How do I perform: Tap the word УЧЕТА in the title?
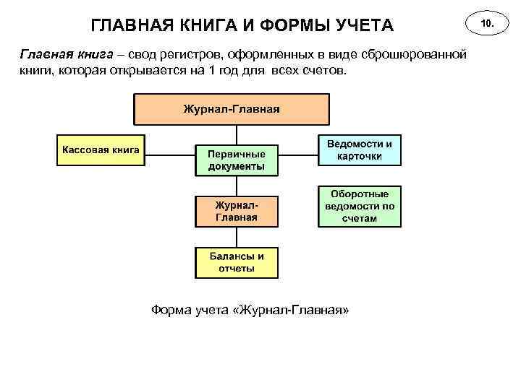tap(364, 27)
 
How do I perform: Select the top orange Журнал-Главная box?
tap(231, 110)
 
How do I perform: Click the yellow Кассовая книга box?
tap(101, 150)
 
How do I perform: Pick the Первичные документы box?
tap(236, 160)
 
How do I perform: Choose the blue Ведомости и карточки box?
tap(359, 150)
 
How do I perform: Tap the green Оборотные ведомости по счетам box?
tap(359, 206)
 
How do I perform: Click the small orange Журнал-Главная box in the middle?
tap(236, 210)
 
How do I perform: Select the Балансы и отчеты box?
tap(236, 262)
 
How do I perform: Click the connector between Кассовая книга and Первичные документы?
tap(169, 152)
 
